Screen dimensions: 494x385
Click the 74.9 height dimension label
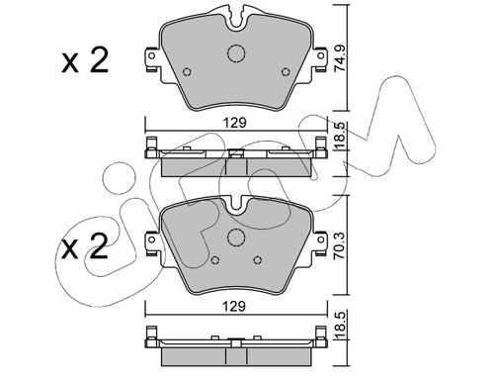point(340,58)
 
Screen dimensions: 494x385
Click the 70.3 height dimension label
point(340,245)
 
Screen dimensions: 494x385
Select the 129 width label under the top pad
point(235,123)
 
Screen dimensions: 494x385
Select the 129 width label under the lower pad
point(234,307)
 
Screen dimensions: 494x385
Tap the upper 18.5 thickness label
point(340,135)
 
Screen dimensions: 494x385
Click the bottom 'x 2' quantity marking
point(85,246)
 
